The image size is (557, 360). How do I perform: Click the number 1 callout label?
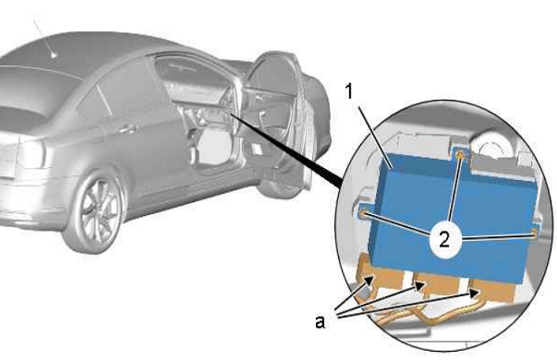[x=349, y=90]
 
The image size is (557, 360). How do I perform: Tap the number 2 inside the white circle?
[x=444, y=239]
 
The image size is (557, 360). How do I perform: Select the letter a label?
[x=320, y=322]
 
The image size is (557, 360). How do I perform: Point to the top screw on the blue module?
[x=460, y=155]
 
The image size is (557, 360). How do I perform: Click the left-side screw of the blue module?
[x=364, y=214]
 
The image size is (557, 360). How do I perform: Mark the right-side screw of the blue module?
[x=535, y=234]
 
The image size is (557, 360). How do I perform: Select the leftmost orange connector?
[x=380, y=276]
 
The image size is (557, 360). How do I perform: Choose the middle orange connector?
[x=438, y=284]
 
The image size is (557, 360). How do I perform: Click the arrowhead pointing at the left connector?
[x=369, y=281]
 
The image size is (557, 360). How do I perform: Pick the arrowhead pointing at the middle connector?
[x=419, y=285]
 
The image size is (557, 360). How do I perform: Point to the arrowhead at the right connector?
[x=473, y=293]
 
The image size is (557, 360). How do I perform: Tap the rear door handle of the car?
[x=127, y=129]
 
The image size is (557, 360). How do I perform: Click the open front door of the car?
[x=281, y=121]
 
